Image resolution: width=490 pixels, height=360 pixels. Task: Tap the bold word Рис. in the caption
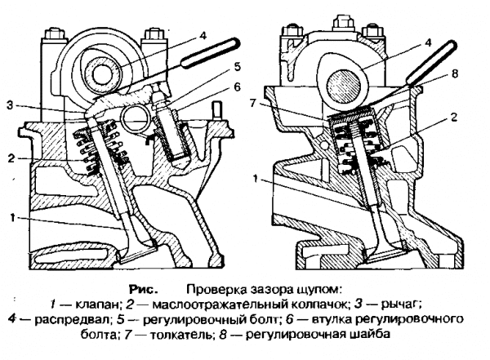point(146,289)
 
